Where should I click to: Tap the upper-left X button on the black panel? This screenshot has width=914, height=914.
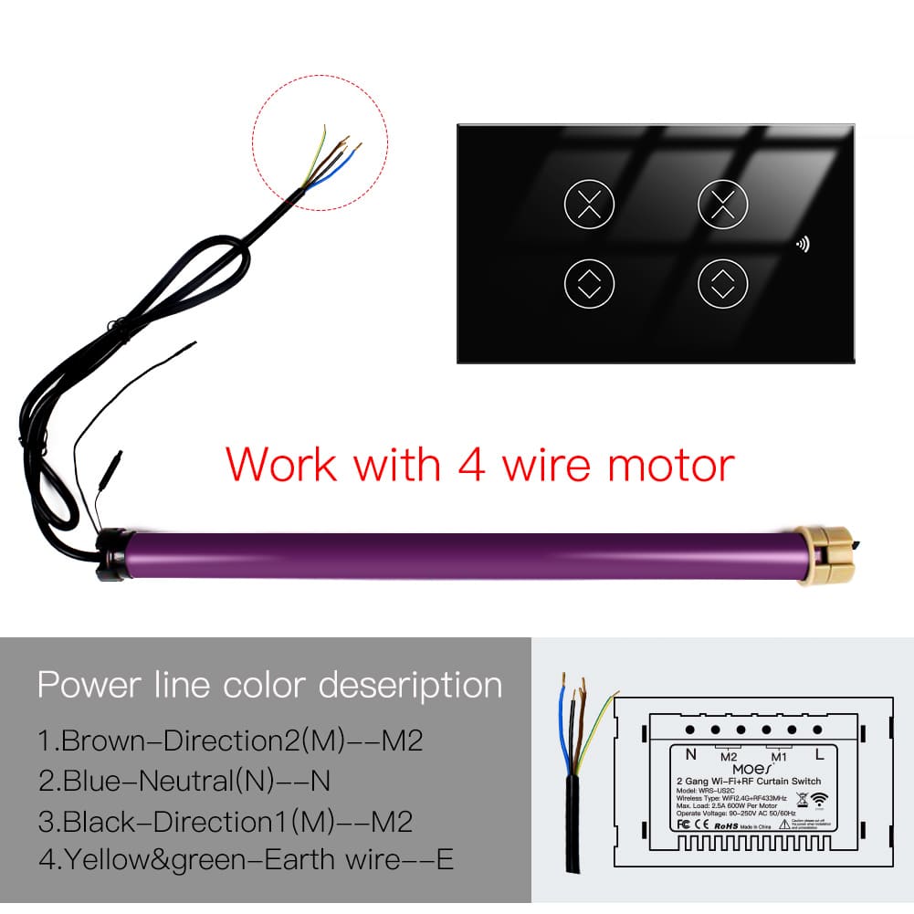590,205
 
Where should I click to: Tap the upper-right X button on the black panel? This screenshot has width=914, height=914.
722,205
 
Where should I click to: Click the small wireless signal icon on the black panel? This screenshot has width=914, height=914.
804,244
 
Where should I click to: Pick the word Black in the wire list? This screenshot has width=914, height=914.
100,821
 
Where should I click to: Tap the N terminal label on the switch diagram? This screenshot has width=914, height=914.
691,754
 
